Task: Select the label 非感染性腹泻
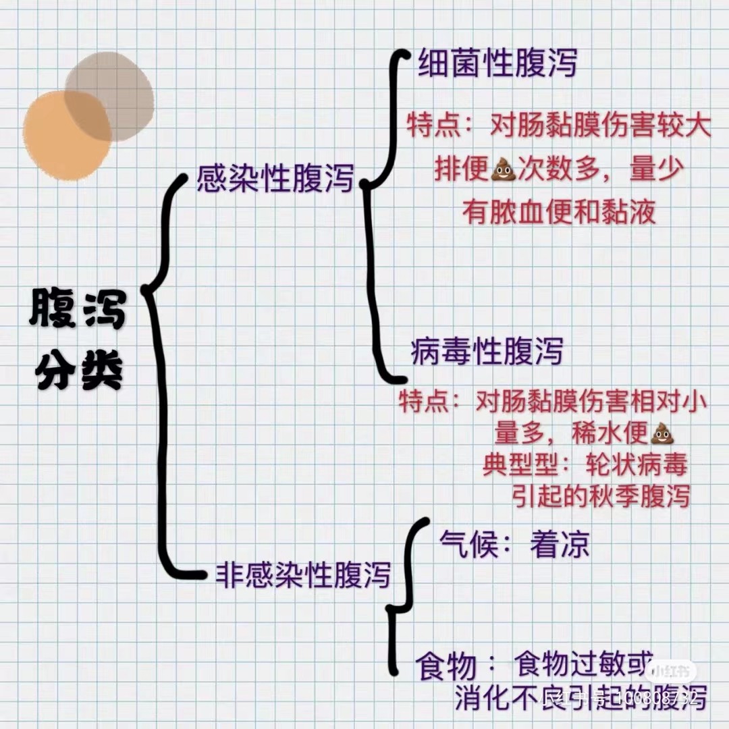tap(303, 574)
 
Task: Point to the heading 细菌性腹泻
tap(497, 65)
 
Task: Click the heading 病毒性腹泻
tap(487, 352)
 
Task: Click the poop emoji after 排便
tap(502, 170)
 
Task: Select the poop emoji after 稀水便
tap(661, 433)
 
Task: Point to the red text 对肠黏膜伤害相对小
tap(591, 403)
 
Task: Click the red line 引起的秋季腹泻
tap(600, 496)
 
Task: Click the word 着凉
tap(560, 545)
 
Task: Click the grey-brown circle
tap(111, 94)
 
